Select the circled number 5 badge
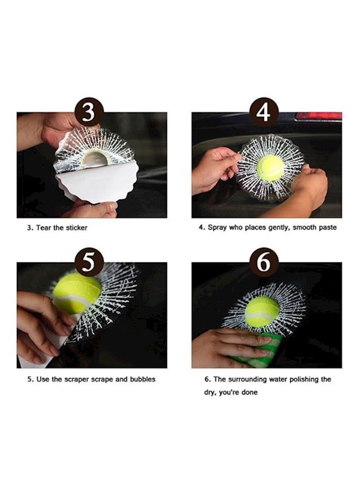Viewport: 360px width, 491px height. [x=89, y=264]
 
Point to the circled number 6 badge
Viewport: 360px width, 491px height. [x=264, y=264]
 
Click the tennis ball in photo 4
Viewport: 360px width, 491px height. [x=270, y=167]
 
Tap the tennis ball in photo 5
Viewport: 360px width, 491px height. [x=77, y=293]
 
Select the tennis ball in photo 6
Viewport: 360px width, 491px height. [x=262, y=312]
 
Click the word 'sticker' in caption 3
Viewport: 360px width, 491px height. [x=76, y=227]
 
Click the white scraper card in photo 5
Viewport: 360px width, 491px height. [x=44, y=349]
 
